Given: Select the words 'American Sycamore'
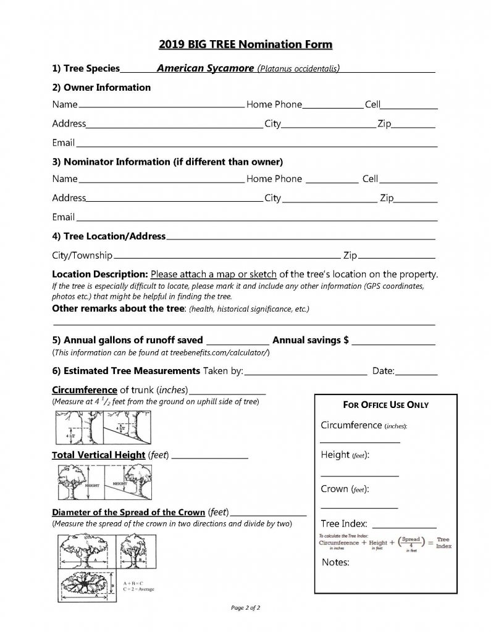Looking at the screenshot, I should coord(205,68).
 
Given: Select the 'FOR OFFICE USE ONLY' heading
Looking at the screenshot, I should coord(385,405).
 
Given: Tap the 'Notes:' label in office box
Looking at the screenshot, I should coord(336,562).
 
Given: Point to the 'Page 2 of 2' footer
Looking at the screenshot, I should coord(245,608).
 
